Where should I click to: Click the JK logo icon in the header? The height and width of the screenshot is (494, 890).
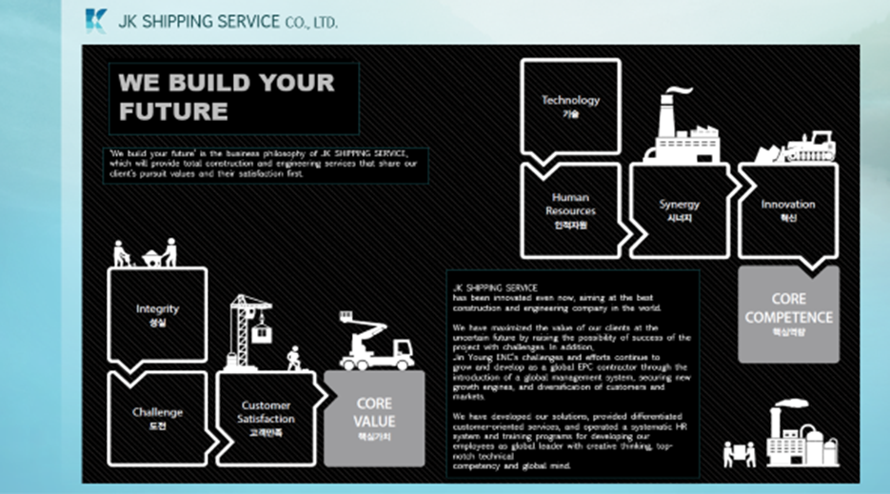[x=95, y=21]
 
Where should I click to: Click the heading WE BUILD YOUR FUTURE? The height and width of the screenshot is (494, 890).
[x=227, y=96]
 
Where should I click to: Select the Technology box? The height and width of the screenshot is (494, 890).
[x=570, y=107]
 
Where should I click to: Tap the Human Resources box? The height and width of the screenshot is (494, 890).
[x=570, y=210]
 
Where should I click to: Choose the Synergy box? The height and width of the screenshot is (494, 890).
[x=679, y=210]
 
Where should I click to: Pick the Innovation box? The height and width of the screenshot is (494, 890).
[x=787, y=210]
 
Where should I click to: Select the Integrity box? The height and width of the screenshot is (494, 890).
[x=157, y=315]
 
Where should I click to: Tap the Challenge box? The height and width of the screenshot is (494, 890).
[x=157, y=419]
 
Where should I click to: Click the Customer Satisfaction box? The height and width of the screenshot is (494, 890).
[x=267, y=419]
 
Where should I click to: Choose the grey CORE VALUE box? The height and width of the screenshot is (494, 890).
[x=374, y=419]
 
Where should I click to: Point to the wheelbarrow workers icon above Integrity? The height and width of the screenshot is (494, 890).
[x=146, y=252]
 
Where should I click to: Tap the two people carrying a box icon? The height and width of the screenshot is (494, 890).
[x=739, y=453]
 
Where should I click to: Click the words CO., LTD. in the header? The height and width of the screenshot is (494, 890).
[x=310, y=21]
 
